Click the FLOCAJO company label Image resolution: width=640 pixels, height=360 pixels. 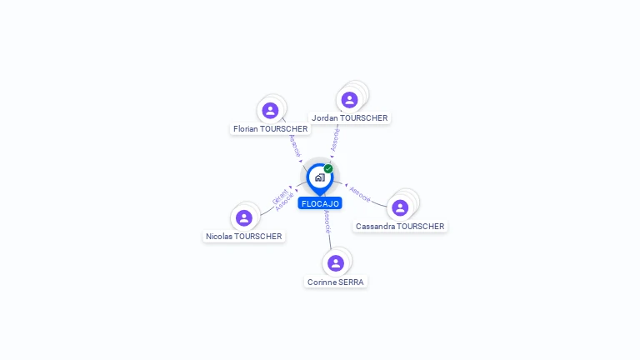pyautogui.click(x=320, y=203)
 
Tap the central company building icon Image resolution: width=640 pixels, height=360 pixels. pyautogui.click(x=319, y=177)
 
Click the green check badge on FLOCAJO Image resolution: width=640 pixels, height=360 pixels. pyautogui.click(x=328, y=168)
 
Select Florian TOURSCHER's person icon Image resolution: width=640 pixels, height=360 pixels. pyautogui.click(x=270, y=110)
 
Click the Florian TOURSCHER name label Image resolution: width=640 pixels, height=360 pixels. pyautogui.click(x=271, y=129)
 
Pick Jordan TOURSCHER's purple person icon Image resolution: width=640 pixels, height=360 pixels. pyautogui.click(x=349, y=100)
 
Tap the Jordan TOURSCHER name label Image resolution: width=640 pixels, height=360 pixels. pyautogui.click(x=349, y=118)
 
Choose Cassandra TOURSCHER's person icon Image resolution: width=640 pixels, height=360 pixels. pyautogui.click(x=400, y=207)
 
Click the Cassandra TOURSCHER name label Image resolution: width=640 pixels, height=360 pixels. pyautogui.click(x=400, y=227)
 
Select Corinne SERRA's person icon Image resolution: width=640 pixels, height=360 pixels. pyautogui.click(x=336, y=263)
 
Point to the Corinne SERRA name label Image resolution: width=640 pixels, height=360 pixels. pyautogui.click(x=336, y=282)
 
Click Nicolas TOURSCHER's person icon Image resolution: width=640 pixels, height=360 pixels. pyautogui.click(x=244, y=218)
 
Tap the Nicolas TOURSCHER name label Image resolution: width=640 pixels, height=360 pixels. pyautogui.click(x=244, y=237)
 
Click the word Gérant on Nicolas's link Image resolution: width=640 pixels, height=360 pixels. pyautogui.click(x=279, y=197)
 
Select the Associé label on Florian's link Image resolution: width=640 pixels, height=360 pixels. pyautogui.click(x=294, y=147)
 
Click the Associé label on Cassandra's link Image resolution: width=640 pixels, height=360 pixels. pyautogui.click(x=360, y=193)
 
